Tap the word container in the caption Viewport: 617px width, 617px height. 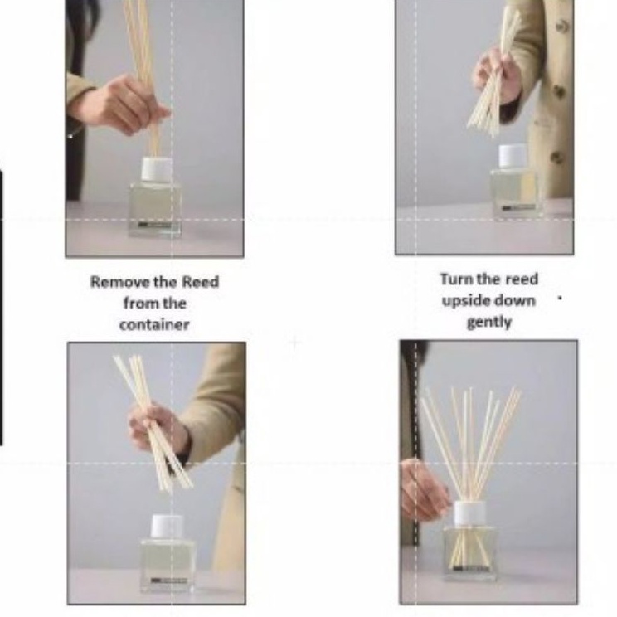click(154, 325)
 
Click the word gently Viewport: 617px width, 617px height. click(489, 323)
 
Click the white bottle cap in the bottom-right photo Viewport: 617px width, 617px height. click(470, 513)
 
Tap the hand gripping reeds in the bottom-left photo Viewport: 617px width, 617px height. click(158, 429)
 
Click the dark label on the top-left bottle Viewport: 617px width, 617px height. click(154, 225)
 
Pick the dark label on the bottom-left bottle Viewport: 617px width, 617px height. click(168, 581)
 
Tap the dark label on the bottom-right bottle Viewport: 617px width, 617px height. click(470, 568)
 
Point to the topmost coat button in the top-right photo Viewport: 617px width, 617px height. click(562, 26)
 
